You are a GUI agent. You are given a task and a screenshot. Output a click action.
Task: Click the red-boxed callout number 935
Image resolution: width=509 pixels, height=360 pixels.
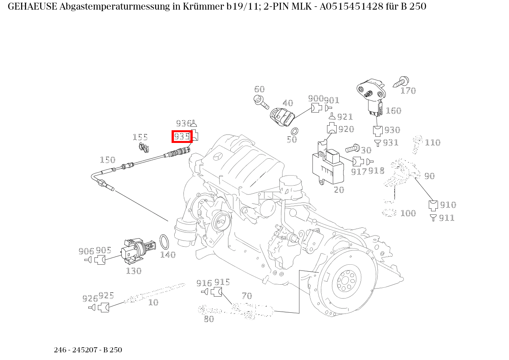click(x=182, y=136)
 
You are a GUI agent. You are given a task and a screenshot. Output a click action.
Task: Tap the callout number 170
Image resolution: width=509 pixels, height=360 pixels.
click(x=408, y=91)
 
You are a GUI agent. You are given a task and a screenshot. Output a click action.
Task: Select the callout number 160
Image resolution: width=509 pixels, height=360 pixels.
click(x=393, y=111)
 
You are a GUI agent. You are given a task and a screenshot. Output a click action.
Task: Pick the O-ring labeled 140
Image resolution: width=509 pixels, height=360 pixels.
click(x=164, y=242)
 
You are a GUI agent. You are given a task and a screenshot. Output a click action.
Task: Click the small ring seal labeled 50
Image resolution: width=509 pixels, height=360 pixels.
click(x=295, y=131)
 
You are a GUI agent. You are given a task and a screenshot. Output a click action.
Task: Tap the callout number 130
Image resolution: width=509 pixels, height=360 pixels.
click(x=134, y=271)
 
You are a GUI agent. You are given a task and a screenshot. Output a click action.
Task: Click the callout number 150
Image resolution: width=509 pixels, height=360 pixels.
click(x=107, y=160)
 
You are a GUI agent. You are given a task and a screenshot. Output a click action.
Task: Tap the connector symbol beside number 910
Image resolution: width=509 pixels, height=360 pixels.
click(x=433, y=205)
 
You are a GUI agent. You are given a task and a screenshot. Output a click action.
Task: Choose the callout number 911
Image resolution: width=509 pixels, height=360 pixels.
click(x=446, y=218)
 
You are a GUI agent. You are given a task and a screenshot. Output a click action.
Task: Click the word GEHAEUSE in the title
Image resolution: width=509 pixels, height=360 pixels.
click(x=32, y=7)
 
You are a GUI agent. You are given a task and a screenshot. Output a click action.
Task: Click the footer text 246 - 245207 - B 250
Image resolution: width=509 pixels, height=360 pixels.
click(x=88, y=350)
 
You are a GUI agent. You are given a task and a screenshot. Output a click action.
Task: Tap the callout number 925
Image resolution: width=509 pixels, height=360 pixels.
click(x=106, y=295)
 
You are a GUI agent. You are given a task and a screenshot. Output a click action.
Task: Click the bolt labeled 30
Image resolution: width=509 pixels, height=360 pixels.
click(x=352, y=148)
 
